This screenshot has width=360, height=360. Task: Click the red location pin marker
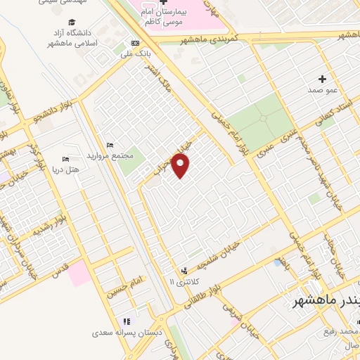coord(181,167)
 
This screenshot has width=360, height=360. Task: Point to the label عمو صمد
coord(323,91)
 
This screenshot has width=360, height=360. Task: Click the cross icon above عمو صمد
coord(323,78)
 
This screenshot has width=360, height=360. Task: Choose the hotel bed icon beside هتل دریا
coord(67,158)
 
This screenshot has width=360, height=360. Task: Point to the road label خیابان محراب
coord(166,156)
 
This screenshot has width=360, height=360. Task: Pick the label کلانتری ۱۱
coord(186,282)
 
